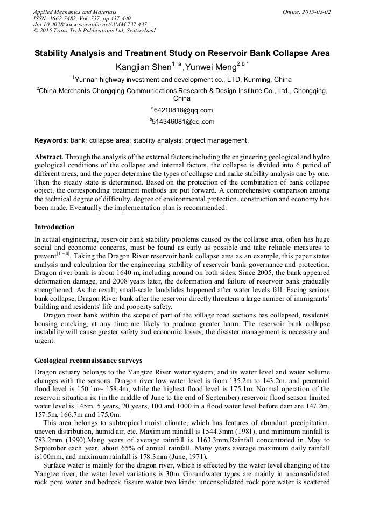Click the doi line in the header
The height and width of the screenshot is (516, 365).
point(90,24)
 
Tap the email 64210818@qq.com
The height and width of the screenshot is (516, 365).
point(183,110)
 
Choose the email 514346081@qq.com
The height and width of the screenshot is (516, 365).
point(183,122)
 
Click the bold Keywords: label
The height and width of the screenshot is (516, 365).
point(52,140)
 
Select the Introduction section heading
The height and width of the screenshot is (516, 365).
point(54,227)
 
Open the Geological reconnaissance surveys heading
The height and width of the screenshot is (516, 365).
point(88,361)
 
